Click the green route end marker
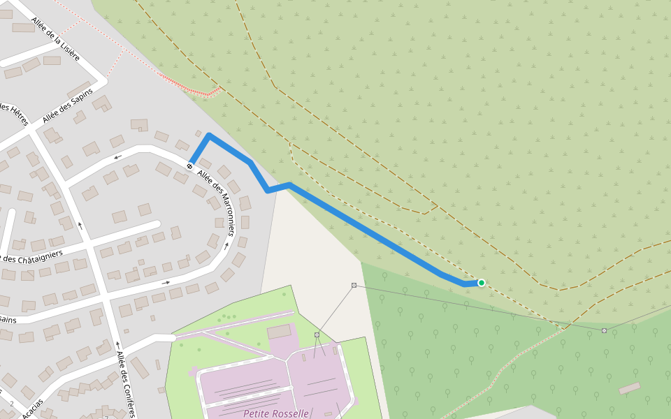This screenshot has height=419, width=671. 482,283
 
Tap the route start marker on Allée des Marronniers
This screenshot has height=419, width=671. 190,166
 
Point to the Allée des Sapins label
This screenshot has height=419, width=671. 67,105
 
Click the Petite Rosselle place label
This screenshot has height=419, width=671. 276,413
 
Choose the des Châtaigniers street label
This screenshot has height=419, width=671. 31,256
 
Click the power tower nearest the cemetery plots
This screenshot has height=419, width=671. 317,335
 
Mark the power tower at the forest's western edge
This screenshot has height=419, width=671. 354,285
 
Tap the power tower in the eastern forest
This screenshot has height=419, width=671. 604,330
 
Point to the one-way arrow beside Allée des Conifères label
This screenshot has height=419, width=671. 117,346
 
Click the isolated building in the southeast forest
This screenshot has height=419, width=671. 629,388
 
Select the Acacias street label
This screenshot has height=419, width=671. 32,409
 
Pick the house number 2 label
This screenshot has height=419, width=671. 12,404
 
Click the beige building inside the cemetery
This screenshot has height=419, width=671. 279,332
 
